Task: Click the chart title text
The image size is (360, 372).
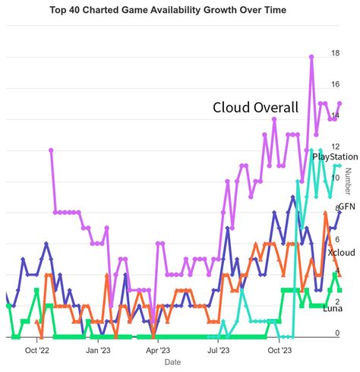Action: (x=179, y=11)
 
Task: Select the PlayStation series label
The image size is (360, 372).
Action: (x=335, y=156)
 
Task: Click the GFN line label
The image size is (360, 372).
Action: (x=346, y=206)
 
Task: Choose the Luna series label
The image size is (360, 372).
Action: (x=332, y=308)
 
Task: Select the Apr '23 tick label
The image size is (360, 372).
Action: (x=157, y=350)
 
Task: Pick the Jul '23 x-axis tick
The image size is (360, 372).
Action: (x=219, y=350)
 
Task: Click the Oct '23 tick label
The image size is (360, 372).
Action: (x=280, y=350)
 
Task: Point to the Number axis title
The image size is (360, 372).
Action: (x=349, y=181)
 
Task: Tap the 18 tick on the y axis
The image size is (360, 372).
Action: (x=335, y=52)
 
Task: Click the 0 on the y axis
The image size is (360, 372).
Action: (x=337, y=334)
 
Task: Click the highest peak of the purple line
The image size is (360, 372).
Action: (x=311, y=56)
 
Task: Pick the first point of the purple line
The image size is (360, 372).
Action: (x=51, y=150)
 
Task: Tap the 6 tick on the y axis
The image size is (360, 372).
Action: (x=337, y=239)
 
